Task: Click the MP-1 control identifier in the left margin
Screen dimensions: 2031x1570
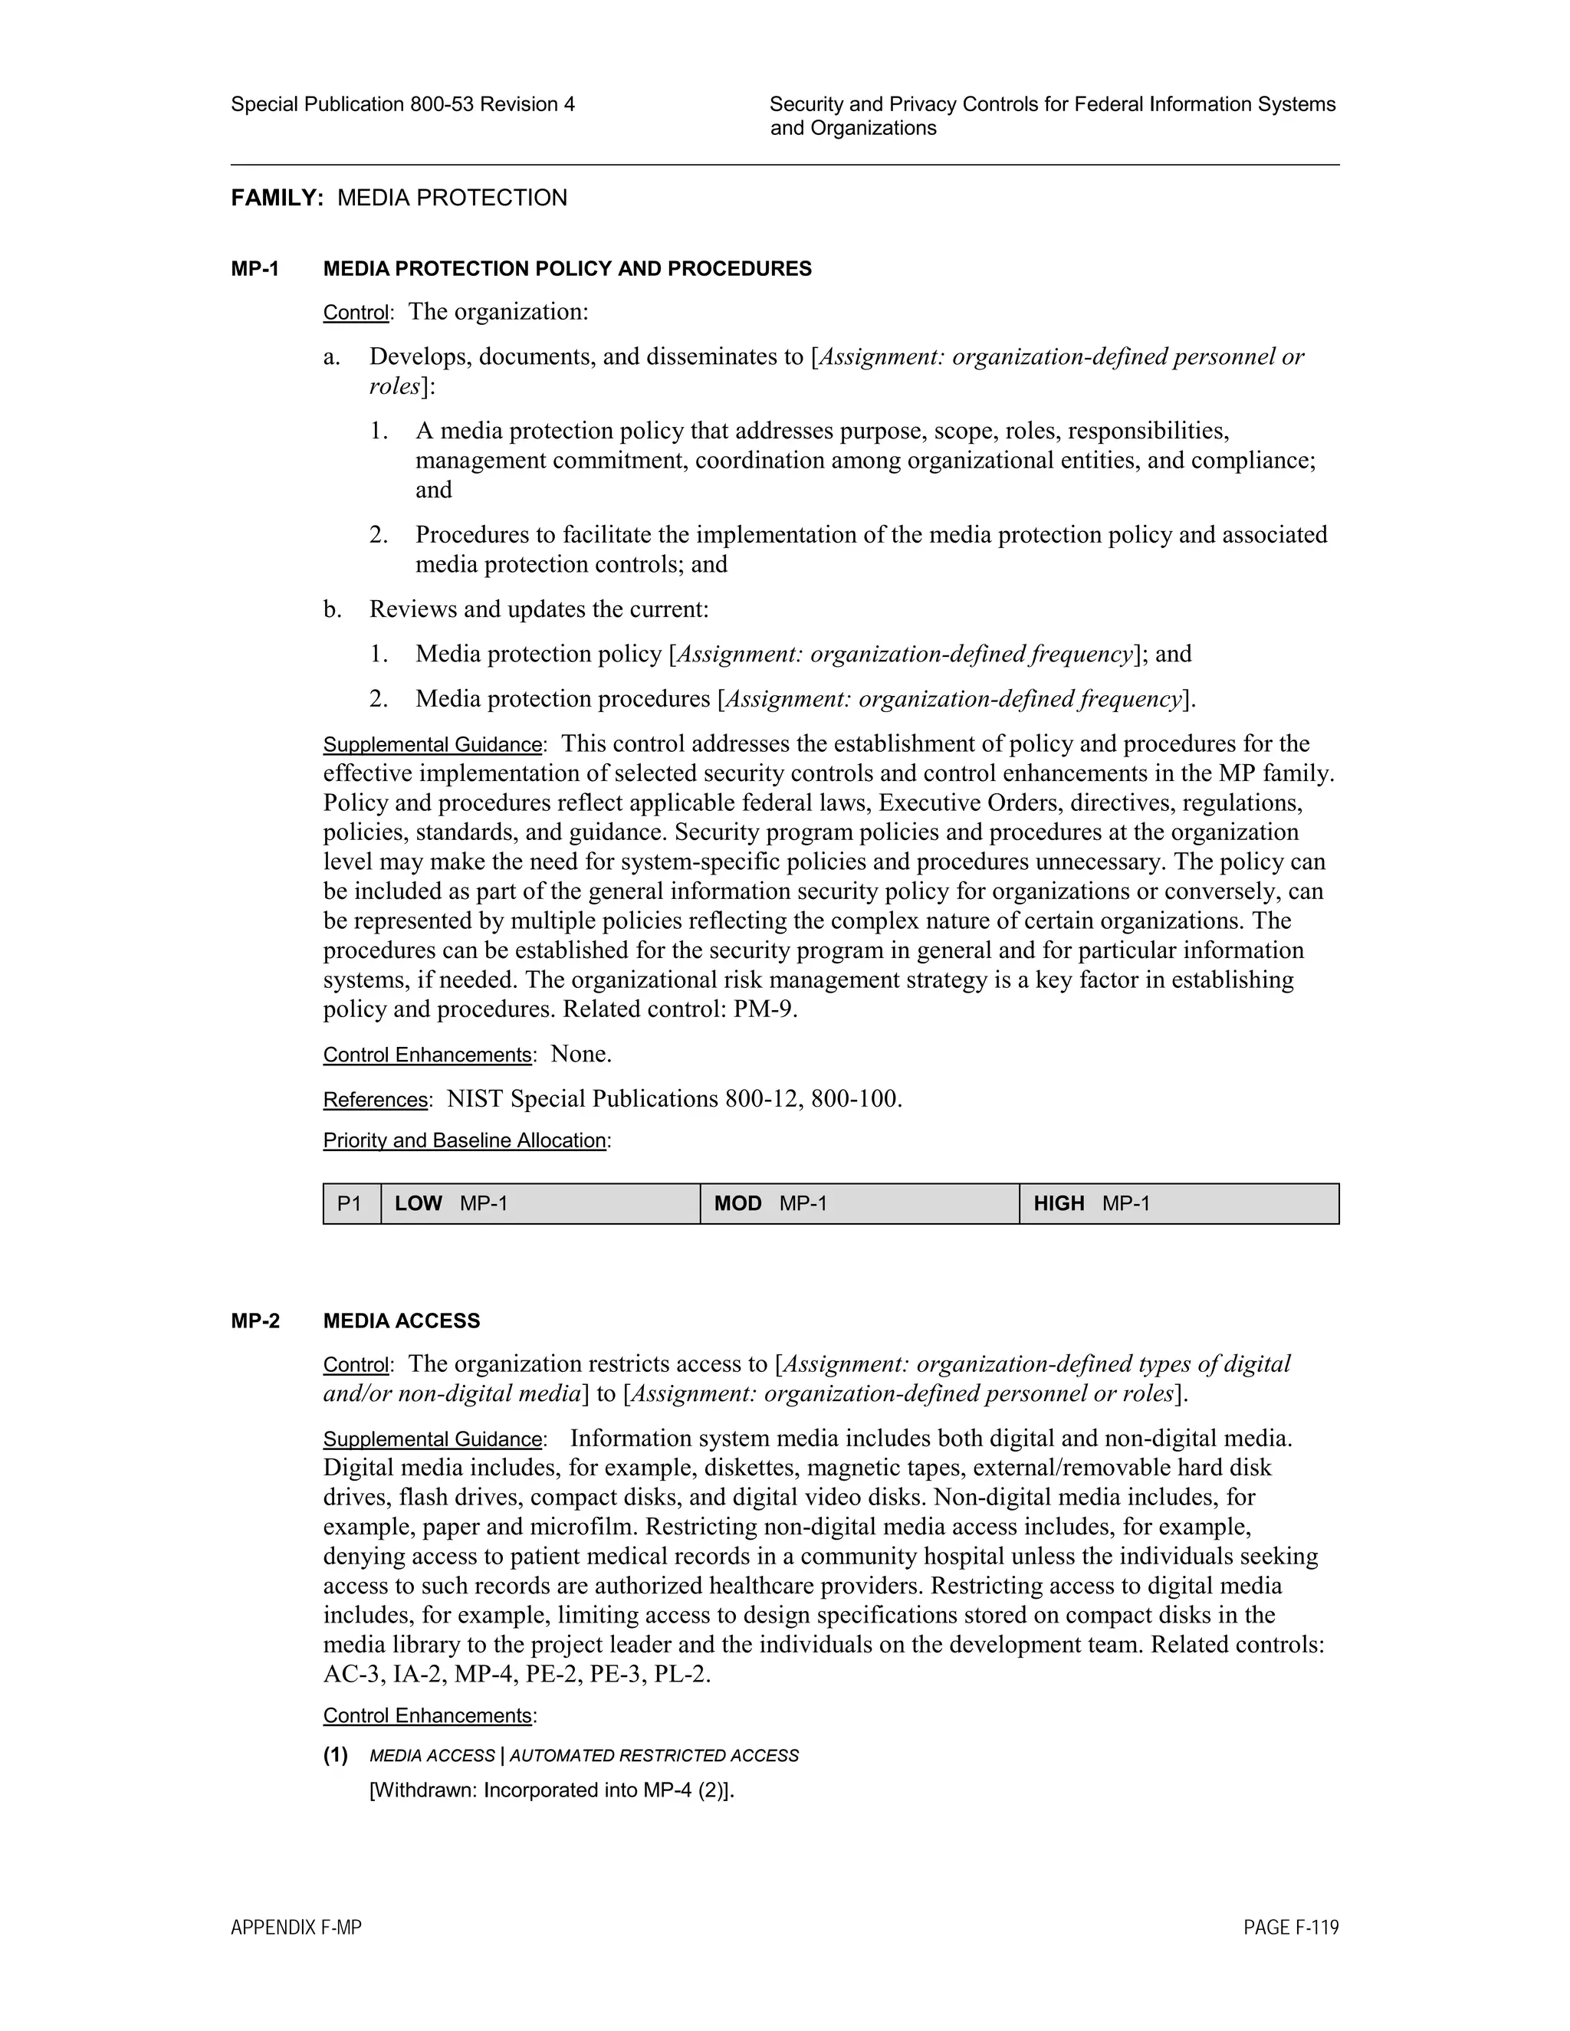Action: click(255, 269)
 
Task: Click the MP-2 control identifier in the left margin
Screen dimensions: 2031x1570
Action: click(255, 1321)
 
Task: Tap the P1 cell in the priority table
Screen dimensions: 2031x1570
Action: click(350, 1203)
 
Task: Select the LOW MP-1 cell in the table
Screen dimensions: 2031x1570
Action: click(540, 1203)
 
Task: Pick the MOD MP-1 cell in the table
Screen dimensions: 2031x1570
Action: click(859, 1203)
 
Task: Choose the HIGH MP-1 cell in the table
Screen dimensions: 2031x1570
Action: click(1178, 1203)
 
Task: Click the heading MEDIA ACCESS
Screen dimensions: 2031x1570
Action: click(401, 1321)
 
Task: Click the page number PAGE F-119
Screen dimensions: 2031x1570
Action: click(1291, 1928)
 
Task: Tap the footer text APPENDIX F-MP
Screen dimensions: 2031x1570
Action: click(296, 1928)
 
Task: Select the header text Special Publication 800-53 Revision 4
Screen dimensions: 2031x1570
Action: click(402, 104)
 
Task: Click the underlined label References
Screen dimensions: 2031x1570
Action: click(375, 1100)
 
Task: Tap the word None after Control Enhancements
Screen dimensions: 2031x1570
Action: click(580, 1055)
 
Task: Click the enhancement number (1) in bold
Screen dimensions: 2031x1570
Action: click(336, 1756)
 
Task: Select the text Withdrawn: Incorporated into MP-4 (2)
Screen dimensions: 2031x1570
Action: click(551, 1790)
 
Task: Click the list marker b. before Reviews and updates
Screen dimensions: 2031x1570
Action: click(332, 610)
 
